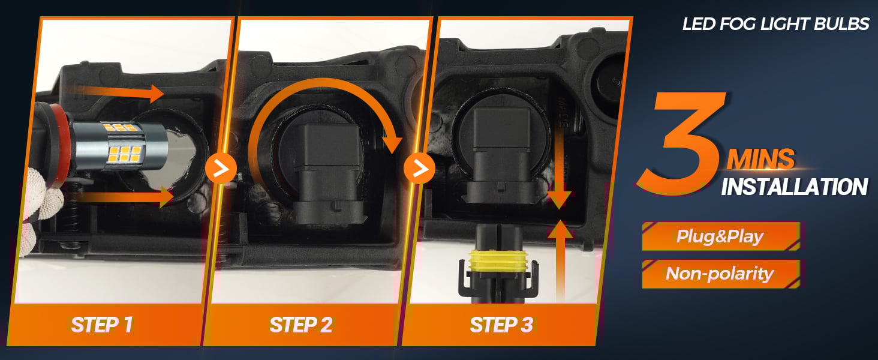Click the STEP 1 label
click(x=103, y=325)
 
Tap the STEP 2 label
click(x=301, y=325)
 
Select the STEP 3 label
click(x=501, y=325)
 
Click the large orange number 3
click(x=682, y=143)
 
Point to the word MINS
click(x=761, y=159)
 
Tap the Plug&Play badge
click(x=720, y=236)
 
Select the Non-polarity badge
click(x=720, y=274)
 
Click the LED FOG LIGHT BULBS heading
click(x=775, y=24)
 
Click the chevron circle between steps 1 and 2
click(x=221, y=169)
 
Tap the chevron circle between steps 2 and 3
click(x=419, y=169)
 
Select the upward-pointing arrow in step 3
click(x=561, y=261)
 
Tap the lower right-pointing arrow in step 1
click(x=125, y=196)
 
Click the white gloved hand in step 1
click(x=41, y=208)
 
